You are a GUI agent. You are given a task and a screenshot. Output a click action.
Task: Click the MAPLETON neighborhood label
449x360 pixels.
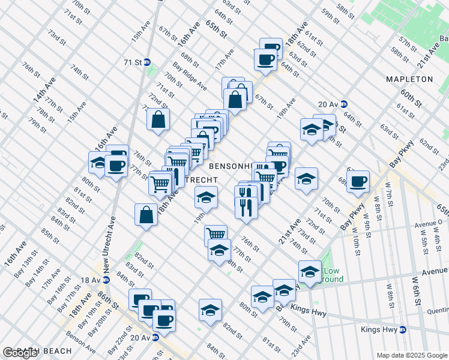[x=409, y=79]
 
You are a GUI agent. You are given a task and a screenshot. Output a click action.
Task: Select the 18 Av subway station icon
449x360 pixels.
[x=106, y=280]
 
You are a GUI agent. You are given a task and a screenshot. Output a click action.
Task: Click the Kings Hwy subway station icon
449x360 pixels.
[x=403, y=329]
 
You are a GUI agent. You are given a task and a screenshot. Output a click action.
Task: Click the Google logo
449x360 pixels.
[x=20, y=352]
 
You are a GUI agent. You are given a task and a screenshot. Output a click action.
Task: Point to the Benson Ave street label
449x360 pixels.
[x=80, y=343]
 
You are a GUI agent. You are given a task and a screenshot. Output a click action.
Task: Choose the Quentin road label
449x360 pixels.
[x=437, y=311]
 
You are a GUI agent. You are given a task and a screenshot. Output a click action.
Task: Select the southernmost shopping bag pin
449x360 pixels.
[x=146, y=214]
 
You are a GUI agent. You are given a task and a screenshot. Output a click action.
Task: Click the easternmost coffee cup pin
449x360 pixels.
[x=359, y=181]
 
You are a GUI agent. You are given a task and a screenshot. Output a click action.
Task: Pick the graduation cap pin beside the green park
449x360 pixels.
[x=310, y=271]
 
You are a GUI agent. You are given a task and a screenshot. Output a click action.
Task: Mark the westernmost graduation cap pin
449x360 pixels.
[x=99, y=161]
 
